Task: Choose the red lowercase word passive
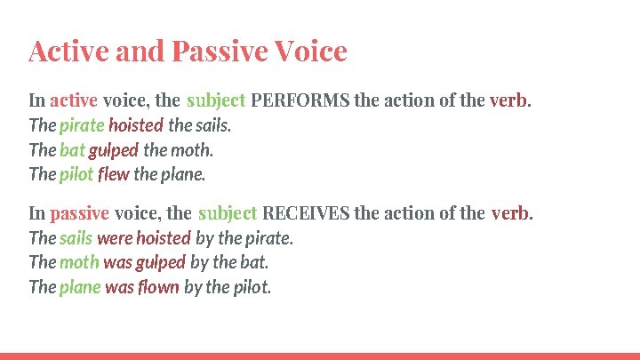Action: pyautogui.click(x=79, y=213)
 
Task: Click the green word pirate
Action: pyautogui.click(x=82, y=125)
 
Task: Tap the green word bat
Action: pyautogui.click(x=72, y=150)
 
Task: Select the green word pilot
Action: pyautogui.click(x=76, y=174)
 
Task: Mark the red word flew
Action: pyautogui.click(x=114, y=174)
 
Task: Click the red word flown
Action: pyautogui.click(x=160, y=287)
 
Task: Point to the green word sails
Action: pyautogui.click(x=76, y=238)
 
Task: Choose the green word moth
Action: pyautogui.click(x=79, y=262)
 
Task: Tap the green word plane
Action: pyautogui.click(x=80, y=287)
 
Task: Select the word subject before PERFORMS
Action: pyautogui.click(x=216, y=100)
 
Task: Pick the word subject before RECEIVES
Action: pyautogui.click(x=228, y=213)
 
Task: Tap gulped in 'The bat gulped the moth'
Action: pyautogui.click(x=113, y=150)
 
